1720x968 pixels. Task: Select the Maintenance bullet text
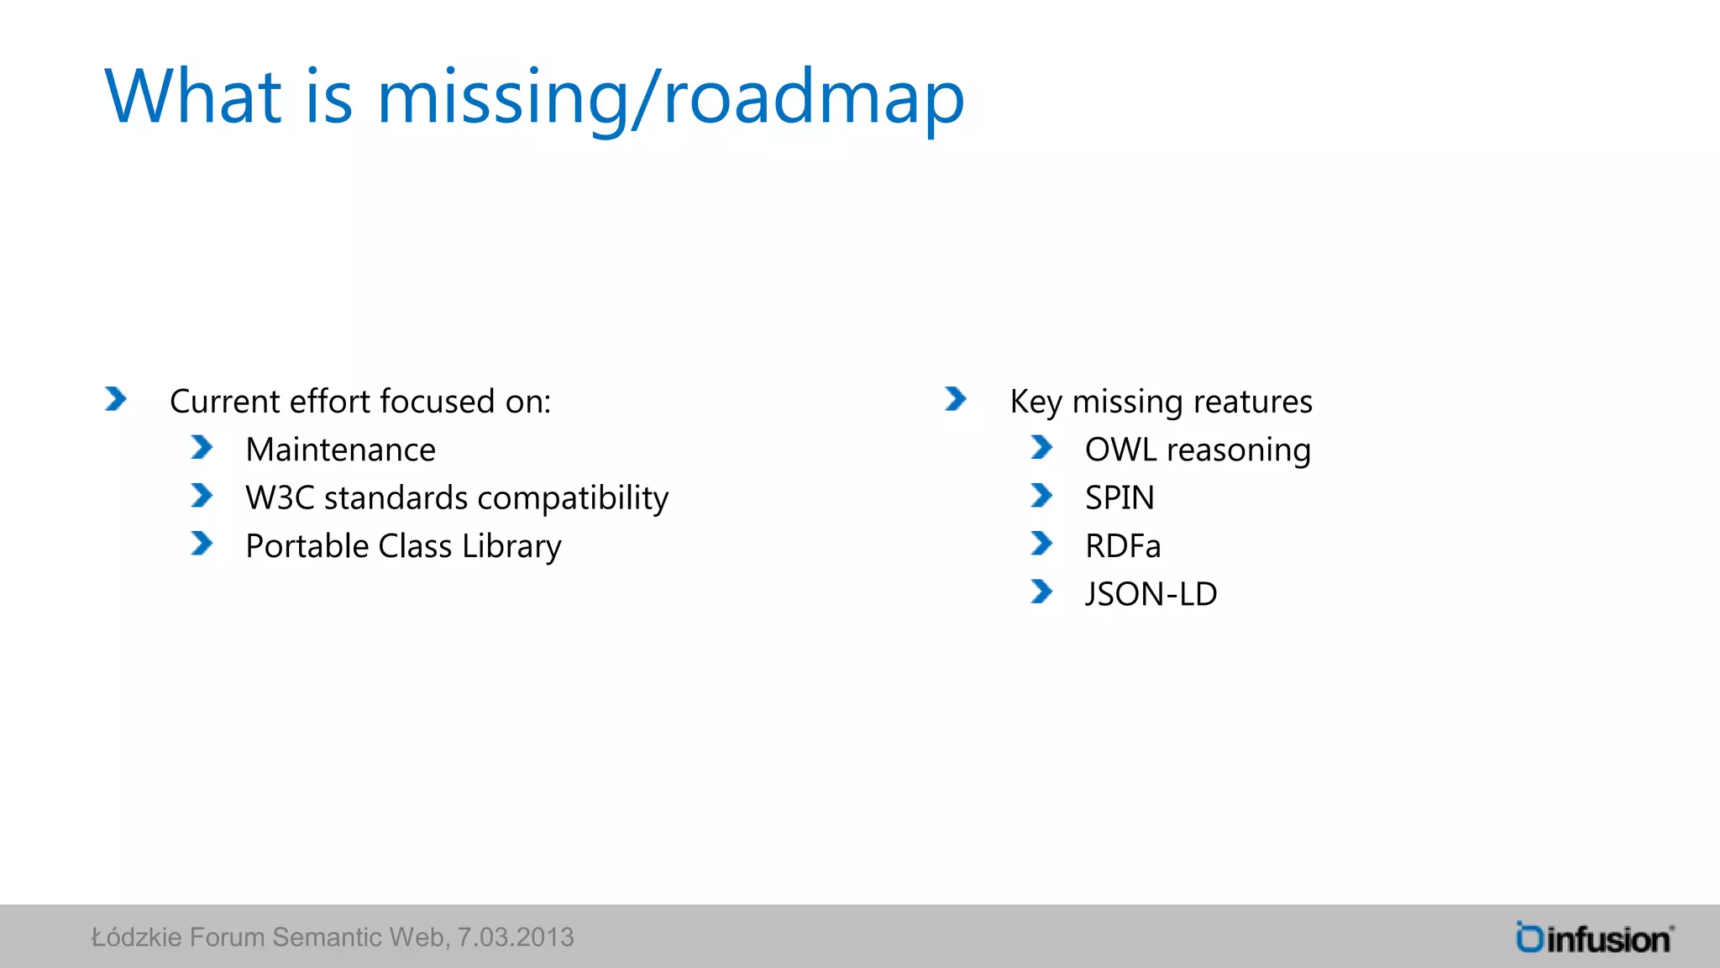[340, 450]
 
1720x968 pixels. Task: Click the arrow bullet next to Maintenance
[202, 448]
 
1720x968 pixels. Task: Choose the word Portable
[307, 547]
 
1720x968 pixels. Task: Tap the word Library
[511, 547]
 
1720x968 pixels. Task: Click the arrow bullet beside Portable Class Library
[202, 544]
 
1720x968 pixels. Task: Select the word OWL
[1120, 450]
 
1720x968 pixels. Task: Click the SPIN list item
[1120, 498]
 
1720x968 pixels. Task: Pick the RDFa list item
[1123, 547]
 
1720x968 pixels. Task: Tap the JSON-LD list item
[1151, 595]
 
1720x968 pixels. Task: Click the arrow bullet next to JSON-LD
[1041, 592]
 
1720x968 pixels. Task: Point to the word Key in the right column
[1036, 402]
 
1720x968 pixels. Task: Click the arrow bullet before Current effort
[116, 399]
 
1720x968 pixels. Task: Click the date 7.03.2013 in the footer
[515, 937]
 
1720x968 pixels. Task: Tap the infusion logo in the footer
[1594, 938]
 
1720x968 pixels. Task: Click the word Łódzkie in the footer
[136, 937]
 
